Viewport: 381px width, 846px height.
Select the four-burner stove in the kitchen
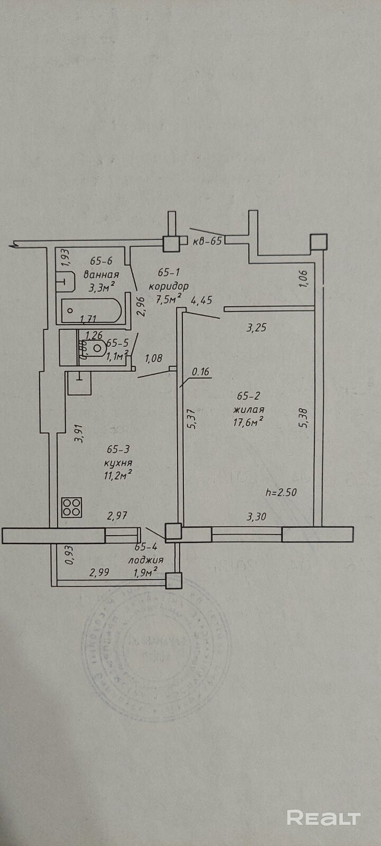72,508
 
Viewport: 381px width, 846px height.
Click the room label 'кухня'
118,463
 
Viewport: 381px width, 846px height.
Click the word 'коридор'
169,286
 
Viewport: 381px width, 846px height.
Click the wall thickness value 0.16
201,372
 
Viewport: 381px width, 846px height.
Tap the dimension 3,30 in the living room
256,518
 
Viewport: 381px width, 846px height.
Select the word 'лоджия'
145,560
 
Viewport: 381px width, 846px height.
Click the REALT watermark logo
323,818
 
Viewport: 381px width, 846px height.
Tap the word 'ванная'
101,274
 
